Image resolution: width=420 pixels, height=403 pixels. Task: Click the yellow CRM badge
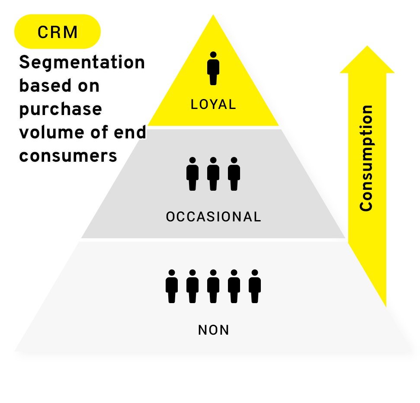pyautogui.click(x=58, y=32)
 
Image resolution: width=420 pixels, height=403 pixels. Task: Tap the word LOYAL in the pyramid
pyautogui.click(x=213, y=105)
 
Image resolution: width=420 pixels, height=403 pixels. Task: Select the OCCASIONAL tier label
pyautogui.click(x=214, y=217)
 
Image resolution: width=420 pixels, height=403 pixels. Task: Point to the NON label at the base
pyautogui.click(x=214, y=330)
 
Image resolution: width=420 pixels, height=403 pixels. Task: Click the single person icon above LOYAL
pyautogui.click(x=213, y=69)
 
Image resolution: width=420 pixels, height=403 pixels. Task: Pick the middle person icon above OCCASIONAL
pyautogui.click(x=213, y=174)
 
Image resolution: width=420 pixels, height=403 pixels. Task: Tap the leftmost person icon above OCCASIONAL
pyautogui.click(x=192, y=174)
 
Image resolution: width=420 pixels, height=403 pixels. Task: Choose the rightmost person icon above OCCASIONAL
pyautogui.click(x=234, y=174)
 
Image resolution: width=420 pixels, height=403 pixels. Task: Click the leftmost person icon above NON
pyautogui.click(x=172, y=286)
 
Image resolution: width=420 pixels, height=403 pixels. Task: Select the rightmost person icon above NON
pyautogui.click(x=255, y=286)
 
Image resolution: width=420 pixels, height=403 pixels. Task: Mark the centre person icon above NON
pyautogui.click(x=213, y=286)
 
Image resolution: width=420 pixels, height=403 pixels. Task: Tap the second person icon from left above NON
pyautogui.click(x=192, y=286)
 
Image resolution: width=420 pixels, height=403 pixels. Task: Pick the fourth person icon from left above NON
pyautogui.click(x=234, y=286)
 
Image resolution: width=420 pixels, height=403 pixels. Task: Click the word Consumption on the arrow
pyautogui.click(x=366, y=158)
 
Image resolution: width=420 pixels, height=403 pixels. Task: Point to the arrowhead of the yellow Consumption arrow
pyautogui.click(x=367, y=61)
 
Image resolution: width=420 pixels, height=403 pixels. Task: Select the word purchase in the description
pyautogui.click(x=61, y=109)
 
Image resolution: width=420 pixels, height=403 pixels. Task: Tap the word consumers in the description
pyautogui.click(x=68, y=156)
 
